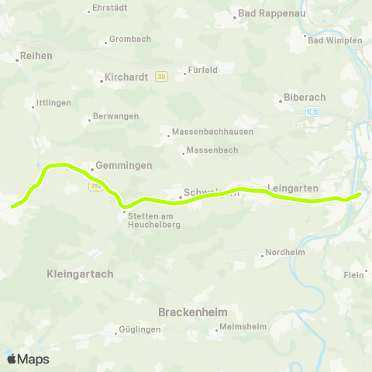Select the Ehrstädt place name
[108, 8]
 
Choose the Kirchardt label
[122, 77]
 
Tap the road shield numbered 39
[161, 76]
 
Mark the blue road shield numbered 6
[312, 112]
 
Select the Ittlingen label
[53, 104]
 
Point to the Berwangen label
[115, 115]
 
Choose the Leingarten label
[293, 188]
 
